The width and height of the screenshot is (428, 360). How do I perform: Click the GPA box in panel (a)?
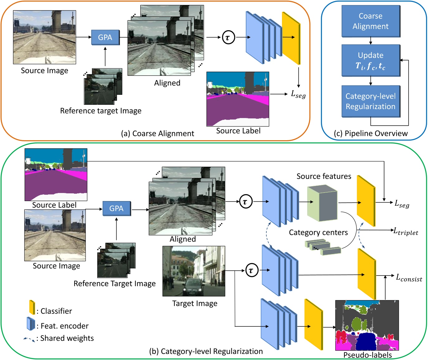coord(105,37)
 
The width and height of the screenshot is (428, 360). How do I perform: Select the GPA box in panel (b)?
coord(116,209)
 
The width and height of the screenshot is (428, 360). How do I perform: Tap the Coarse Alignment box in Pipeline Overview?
coord(371,21)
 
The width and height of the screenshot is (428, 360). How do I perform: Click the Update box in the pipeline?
coord(371,60)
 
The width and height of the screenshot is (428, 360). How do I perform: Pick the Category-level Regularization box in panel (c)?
coord(371,101)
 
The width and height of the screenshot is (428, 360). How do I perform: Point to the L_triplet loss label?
coord(406,231)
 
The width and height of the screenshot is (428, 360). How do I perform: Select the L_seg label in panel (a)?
coord(298,94)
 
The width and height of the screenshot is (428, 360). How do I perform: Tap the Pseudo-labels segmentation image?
coord(367,325)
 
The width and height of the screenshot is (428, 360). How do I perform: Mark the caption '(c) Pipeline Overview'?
coord(371,133)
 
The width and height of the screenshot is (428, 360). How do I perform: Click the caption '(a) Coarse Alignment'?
coord(158,133)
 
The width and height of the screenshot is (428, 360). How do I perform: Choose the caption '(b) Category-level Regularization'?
coord(206,351)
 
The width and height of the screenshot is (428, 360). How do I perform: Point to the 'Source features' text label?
coord(324,176)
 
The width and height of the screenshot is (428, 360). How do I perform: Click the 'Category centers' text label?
coord(318,233)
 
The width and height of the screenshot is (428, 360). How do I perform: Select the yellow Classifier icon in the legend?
coord(32,307)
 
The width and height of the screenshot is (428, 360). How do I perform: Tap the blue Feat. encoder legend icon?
coord(31,324)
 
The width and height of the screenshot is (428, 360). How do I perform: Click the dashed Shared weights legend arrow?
coord(29,339)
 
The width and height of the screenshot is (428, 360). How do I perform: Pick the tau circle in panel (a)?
coord(228,38)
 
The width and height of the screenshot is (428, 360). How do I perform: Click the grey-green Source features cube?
coord(322,203)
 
